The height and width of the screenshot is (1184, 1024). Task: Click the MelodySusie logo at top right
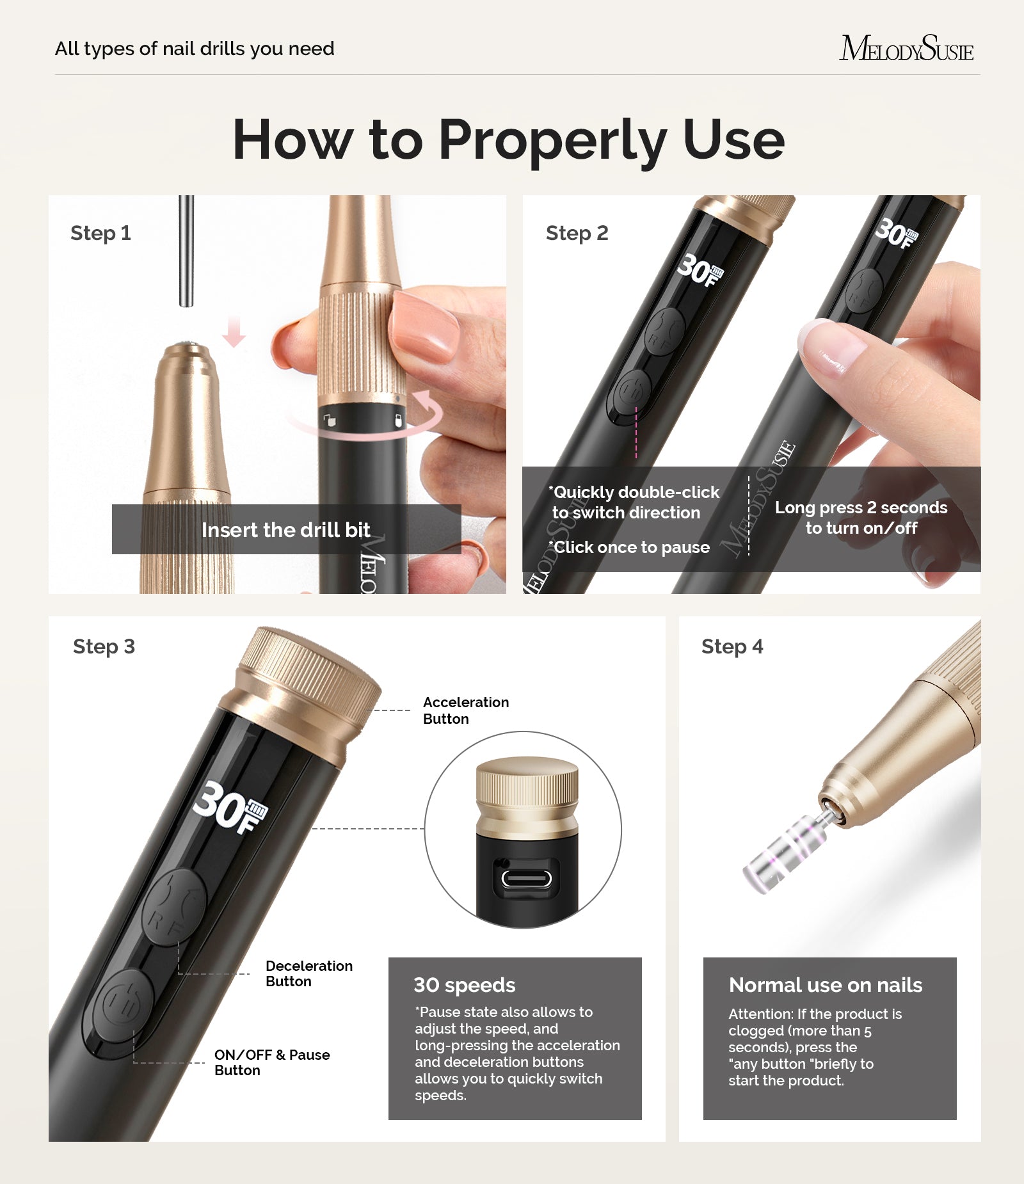click(x=906, y=49)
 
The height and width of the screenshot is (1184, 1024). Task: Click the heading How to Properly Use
click(x=508, y=140)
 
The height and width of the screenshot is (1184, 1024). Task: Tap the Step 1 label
click(x=100, y=233)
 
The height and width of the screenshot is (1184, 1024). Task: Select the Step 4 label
click(x=732, y=646)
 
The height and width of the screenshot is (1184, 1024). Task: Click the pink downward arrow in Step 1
click(x=234, y=331)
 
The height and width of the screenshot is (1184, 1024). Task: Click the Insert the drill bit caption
click(x=285, y=530)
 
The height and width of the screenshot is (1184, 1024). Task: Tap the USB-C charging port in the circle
click(x=526, y=878)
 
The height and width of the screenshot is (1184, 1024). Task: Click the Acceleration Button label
click(x=465, y=710)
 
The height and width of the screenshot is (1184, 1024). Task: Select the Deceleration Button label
click(x=308, y=973)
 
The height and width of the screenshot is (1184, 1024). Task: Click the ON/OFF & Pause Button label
click(x=271, y=1062)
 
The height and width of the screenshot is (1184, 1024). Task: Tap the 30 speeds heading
click(x=464, y=985)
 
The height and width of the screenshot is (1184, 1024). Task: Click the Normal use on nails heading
click(x=825, y=985)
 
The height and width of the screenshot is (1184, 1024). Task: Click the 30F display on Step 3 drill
click(x=229, y=808)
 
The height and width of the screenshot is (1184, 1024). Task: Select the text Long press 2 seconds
click(x=861, y=508)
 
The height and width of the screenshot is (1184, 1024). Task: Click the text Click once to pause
click(x=631, y=547)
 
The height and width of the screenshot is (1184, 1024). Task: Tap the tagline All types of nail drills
click(x=195, y=49)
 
